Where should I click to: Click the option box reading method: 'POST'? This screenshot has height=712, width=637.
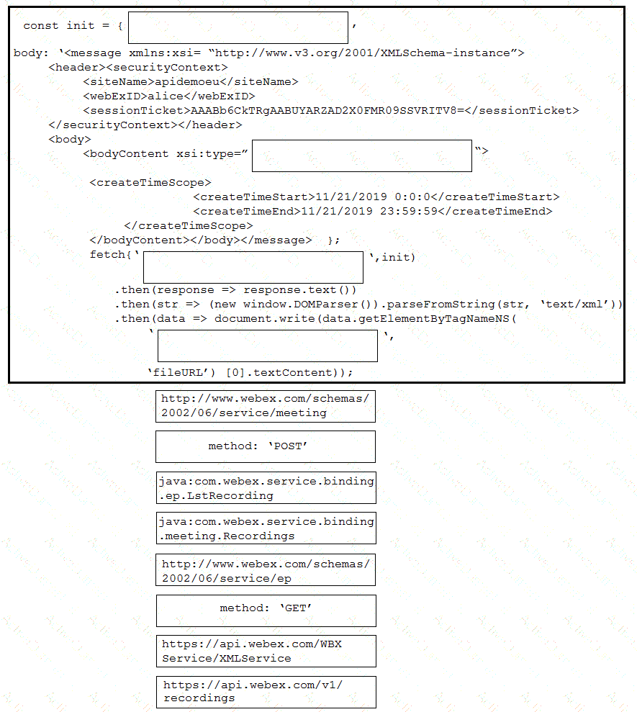tap(265, 446)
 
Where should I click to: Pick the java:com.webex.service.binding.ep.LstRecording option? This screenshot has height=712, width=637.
tap(266, 487)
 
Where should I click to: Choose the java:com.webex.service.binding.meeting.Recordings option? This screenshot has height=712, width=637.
tap(266, 528)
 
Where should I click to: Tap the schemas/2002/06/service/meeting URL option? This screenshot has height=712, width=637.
tap(265, 405)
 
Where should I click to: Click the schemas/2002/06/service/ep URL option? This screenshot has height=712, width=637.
tap(266, 569)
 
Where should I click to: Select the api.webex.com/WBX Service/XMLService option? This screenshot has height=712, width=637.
tap(266, 651)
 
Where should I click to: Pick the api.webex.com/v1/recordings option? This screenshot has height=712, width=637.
tap(266, 691)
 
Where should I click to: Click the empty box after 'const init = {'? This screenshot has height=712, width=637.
tap(238, 27)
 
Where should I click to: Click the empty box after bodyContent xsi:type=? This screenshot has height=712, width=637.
tap(361, 156)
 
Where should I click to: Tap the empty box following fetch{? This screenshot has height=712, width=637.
tap(253, 266)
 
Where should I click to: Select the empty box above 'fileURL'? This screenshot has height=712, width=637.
tap(267, 346)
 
